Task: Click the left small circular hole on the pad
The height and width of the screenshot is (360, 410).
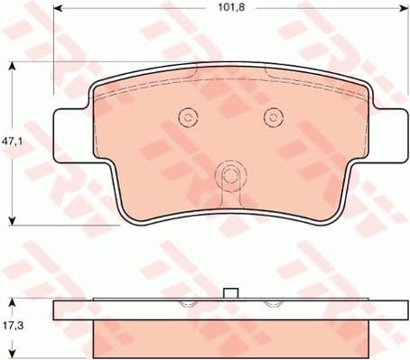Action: [x=188, y=116]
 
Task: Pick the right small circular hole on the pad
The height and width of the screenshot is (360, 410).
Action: [x=272, y=116]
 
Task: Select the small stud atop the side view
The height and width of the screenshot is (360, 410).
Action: [x=229, y=292]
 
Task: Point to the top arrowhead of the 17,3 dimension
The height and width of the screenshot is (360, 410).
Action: [x=12, y=300]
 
